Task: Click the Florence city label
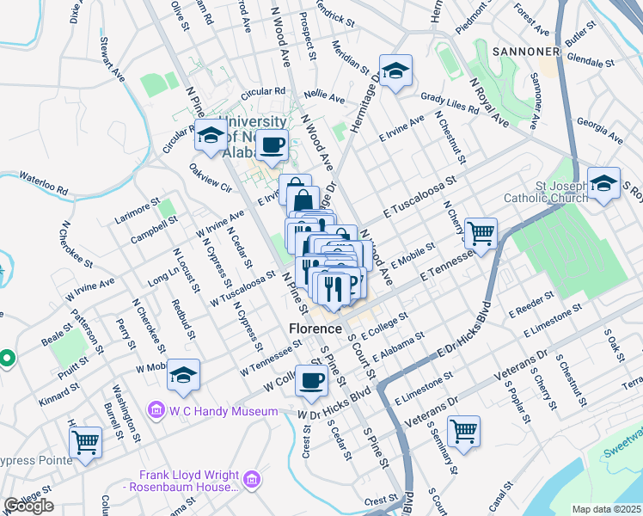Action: click(x=315, y=329)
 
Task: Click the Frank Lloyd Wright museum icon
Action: click(x=252, y=479)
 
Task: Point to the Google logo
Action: click(x=28, y=506)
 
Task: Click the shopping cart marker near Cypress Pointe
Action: click(x=85, y=442)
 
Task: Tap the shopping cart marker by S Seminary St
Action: click(x=463, y=432)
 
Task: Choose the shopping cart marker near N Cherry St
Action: click(x=481, y=233)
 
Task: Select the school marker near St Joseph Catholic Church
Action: click(x=604, y=184)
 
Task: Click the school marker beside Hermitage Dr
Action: click(x=395, y=71)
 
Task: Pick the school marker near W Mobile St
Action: click(x=183, y=375)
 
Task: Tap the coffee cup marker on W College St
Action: click(x=311, y=381)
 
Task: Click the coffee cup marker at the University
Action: click(x=273, y=145)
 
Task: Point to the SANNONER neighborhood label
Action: click(x=526, y=52)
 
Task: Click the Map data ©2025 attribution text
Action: click(x=607, y=509)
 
